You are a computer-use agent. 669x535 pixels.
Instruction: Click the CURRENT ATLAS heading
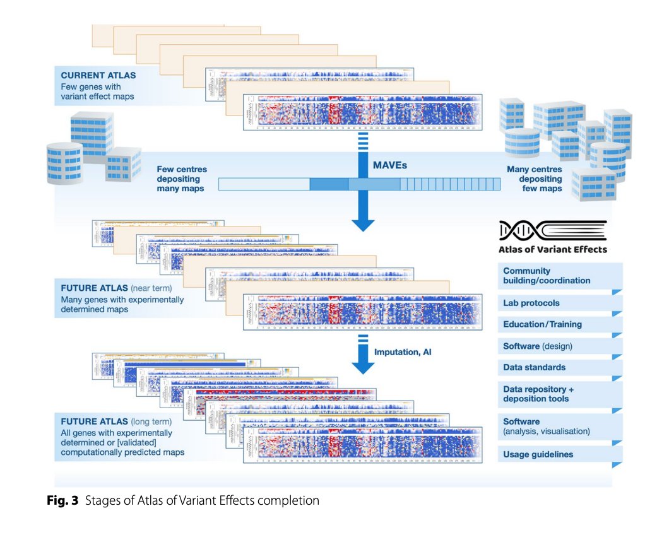[x=98, y=75]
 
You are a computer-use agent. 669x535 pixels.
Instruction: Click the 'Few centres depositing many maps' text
[x=181, y=179]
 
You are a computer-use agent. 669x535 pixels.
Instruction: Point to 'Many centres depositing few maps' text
[x=535, y=179]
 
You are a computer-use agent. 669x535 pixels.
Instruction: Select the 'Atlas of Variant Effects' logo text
[x=552, y=249]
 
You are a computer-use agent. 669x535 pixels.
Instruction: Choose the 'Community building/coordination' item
[x=547, y=276]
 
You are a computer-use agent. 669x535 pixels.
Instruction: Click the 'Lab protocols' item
[x=531, y=303]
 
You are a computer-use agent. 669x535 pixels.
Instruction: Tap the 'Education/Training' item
[x=542, y=324]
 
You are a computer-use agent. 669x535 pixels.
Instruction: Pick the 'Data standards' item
[x=534, y=367]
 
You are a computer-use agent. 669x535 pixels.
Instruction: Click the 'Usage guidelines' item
[x=538, y=454]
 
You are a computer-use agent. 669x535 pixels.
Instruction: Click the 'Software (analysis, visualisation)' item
[x=546, y=426]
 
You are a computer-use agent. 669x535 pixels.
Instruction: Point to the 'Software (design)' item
[x=537, y=346]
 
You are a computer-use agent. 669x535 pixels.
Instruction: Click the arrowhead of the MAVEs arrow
[x=363, y=224]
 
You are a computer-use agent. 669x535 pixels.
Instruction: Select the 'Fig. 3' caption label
[x=62, y=501]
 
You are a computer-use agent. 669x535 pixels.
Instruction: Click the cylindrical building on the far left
[x=64, y=163]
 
